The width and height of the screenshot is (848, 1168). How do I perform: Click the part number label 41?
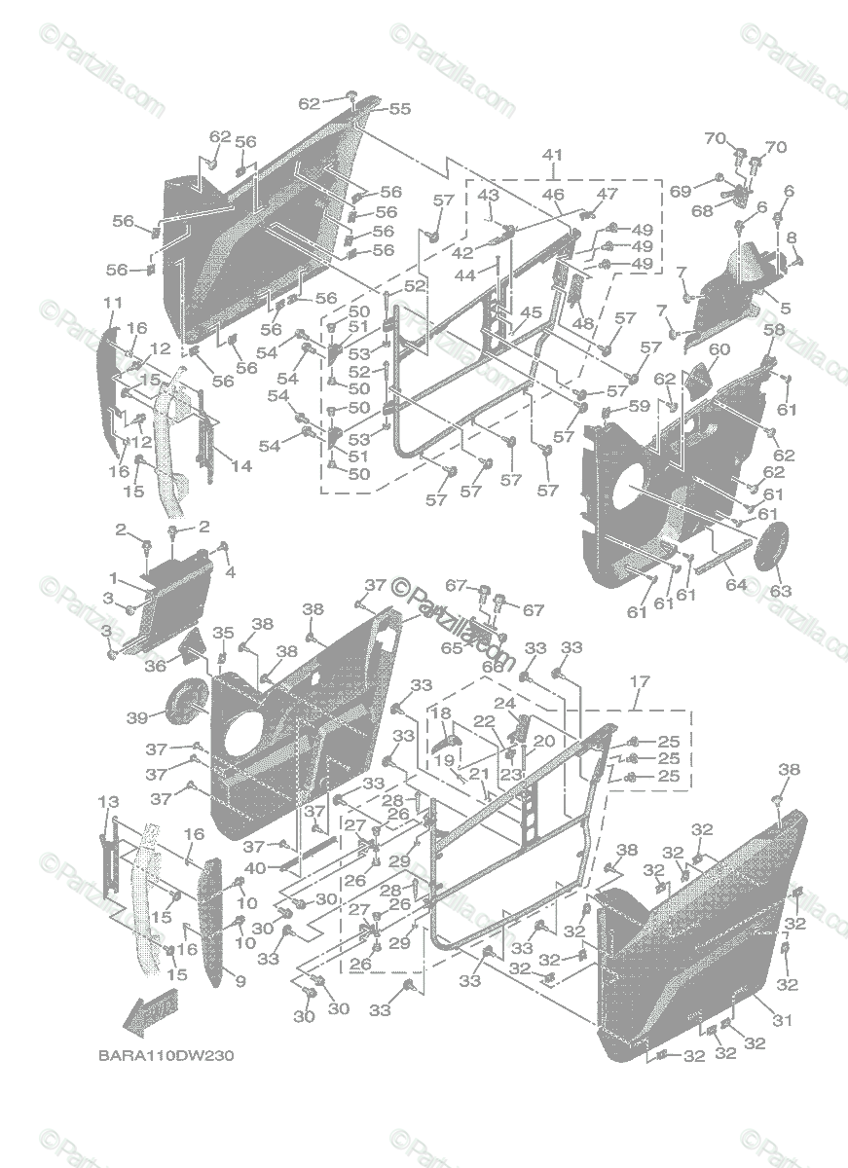[553, 155]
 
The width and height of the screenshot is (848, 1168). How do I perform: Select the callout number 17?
[639, 681]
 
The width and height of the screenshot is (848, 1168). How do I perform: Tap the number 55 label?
[400, 109]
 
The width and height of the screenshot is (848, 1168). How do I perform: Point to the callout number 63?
[781, 591]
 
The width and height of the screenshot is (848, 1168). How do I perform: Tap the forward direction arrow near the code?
[145, 1015]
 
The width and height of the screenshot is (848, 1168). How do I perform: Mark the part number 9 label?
[240, 981]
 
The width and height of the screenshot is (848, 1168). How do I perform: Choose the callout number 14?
[240, 466]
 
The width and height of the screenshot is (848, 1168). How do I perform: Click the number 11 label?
[112, 302]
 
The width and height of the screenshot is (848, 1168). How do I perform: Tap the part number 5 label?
[785, 309]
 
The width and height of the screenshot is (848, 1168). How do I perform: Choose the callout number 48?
[583, 324]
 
